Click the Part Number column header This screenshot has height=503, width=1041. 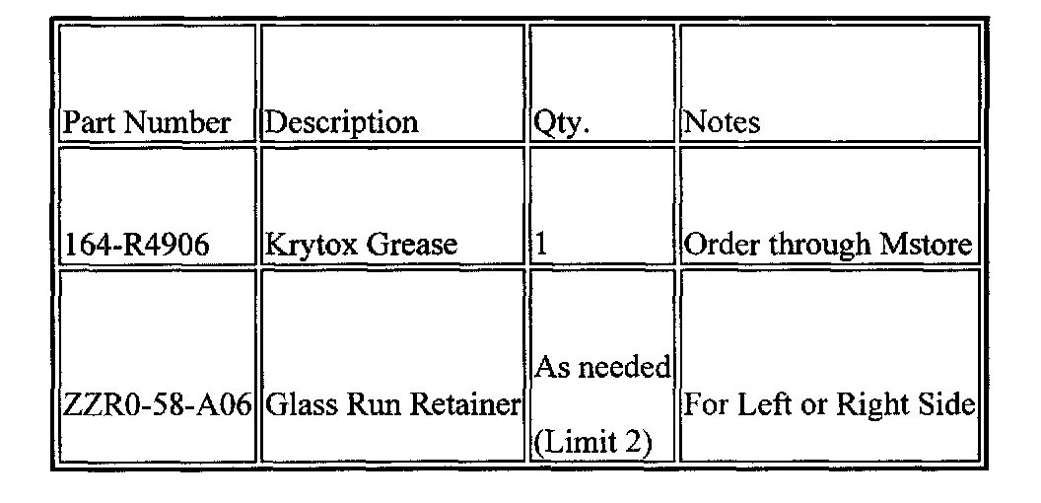[x=147, y=122]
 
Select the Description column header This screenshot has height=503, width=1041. [x=342, y=122]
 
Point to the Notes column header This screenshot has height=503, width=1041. [x=723, y=122]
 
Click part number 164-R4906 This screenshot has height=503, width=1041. [x=137, y=245]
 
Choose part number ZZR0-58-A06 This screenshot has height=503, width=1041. [x=158, y=405]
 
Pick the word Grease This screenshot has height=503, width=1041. [x=412, y=245]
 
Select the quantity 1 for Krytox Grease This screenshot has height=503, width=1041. [x=540, y=245]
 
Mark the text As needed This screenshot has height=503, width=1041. [x=602, y=367]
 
